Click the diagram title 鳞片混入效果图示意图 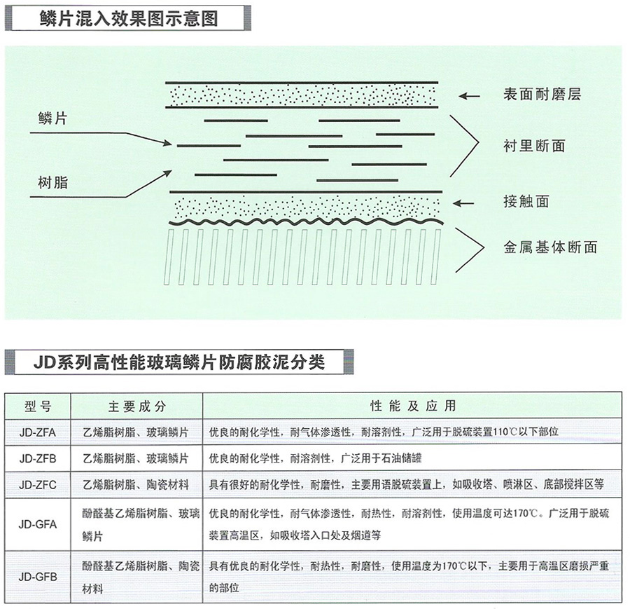(129, 18)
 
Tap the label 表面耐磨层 (542, 95)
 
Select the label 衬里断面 (534, 146)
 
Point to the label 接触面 (526, 200)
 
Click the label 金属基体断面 (550, 247)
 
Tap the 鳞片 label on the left (52, 118)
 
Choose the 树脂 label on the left (52, 183)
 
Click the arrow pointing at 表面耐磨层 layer (469, 96)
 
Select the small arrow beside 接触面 (463, 203)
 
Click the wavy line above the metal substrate (306, 221)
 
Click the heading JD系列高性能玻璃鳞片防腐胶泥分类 (179, 362)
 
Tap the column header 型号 (38, 406)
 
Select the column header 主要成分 (137, 406)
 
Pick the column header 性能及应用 (413, 406)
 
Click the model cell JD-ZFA (38, 432)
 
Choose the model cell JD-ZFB (38, 458)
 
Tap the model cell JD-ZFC (38, 485)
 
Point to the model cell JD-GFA (38, 524)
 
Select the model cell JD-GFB (38, 577)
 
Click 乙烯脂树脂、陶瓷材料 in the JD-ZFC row (136, 485)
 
